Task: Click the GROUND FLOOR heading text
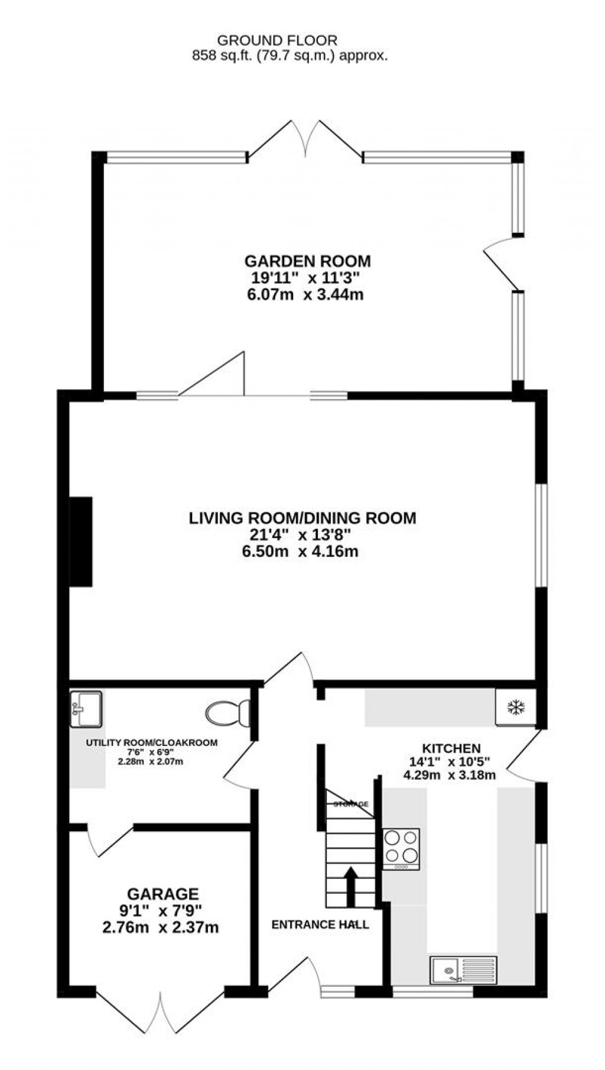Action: tap(277, 41)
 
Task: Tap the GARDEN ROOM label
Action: tap(308, 261)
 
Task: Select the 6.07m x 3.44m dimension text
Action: tap(305, 294)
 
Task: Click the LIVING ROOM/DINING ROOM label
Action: tap(302, 518)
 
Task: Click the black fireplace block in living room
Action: tap(82, 542)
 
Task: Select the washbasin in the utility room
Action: tap(86, 709)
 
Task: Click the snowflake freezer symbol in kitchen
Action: tap(516, 707)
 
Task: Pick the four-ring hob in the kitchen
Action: tap(402, 847)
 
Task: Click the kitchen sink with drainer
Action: tap(464, 970)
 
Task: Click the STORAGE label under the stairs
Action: tap(351, 804)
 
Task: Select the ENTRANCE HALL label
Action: tap(320, 925)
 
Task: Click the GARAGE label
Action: tap(162, 894)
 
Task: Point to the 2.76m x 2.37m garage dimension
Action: tap(161, 928)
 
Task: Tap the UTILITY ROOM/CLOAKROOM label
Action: tap(152, 742)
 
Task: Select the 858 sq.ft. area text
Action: tap(289, 56)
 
